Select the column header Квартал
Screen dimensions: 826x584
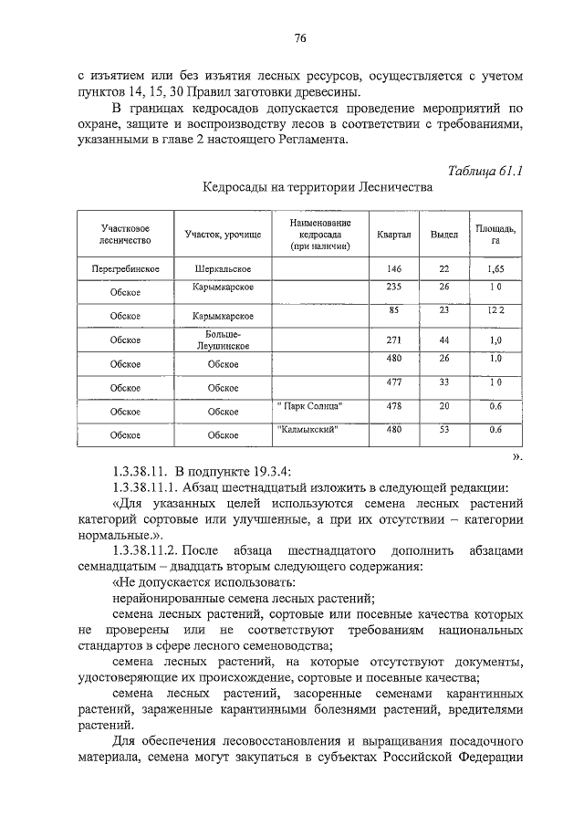point(394,235)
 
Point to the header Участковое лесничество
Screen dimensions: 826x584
point(124,235)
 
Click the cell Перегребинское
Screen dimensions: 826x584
point(126,270)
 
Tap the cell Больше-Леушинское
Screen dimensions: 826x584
point(223,340)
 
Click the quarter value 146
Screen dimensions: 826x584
point(394,269)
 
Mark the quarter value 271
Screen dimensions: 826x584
point(394,340)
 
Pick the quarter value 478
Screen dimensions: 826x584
point(394,405)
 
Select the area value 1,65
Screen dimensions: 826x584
point(495,269)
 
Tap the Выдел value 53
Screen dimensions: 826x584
point(443,429)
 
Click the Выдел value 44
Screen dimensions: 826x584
point(443,340)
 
